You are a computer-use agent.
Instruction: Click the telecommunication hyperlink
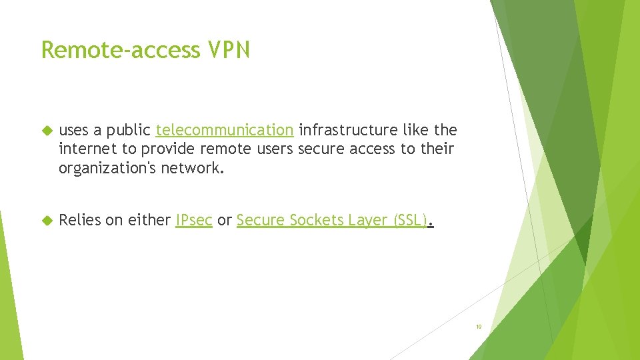tap(224, 129)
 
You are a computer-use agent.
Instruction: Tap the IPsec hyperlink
tap(193, 220)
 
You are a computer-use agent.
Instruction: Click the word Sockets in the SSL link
tap(310, 220)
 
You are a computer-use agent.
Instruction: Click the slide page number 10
tap(478, 327)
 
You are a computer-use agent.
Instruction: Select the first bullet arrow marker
tap(47, 129)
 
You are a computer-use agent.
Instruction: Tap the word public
tap(128, 129)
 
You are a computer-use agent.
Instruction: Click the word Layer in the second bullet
tap(365, 220)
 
